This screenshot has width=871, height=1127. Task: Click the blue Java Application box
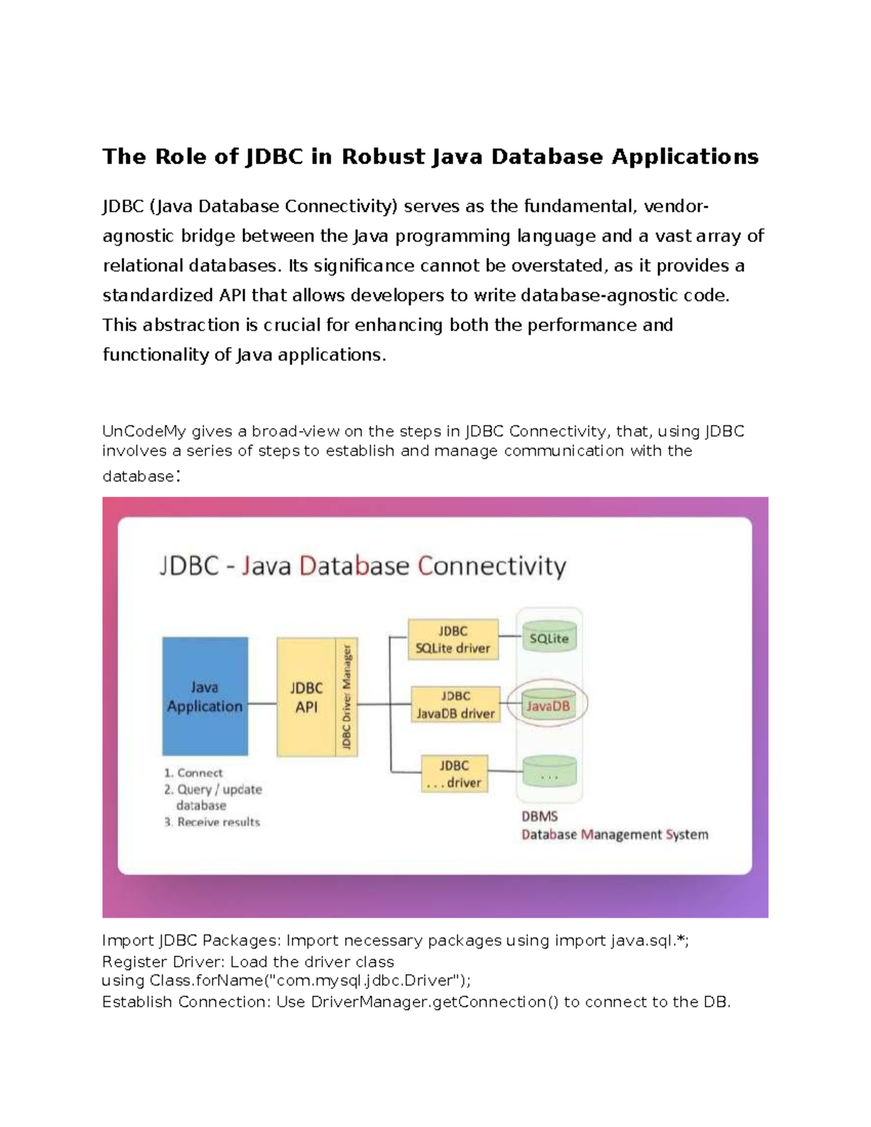tap(205, 696)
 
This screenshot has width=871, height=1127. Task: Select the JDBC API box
tap(306, 697)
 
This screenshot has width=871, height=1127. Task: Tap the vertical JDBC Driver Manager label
tap(347, 697)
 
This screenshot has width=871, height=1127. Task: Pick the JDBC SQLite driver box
tap(453, 639)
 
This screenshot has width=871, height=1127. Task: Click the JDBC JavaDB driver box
tap(456, 705)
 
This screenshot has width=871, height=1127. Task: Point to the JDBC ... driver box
tap(454, 774)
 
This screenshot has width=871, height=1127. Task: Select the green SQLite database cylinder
tap(549, 638)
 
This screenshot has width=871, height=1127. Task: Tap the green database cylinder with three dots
tap(549, 774)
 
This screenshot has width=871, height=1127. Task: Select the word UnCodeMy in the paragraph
tap(144, 431)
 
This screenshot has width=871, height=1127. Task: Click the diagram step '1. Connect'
tap(193, 773)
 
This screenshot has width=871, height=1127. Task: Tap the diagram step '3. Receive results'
tap(212, 822)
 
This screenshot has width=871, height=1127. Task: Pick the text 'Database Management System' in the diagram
tap(614, 835)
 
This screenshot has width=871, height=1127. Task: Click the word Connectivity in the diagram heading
tap(491, 566)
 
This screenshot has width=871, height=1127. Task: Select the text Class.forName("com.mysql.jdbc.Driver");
tap(310, 980)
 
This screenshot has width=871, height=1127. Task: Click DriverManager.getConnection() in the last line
tap(434, 1002)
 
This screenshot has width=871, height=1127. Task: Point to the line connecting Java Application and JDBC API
tap(262, 703)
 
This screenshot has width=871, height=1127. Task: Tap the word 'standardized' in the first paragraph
tap(158, 295)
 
